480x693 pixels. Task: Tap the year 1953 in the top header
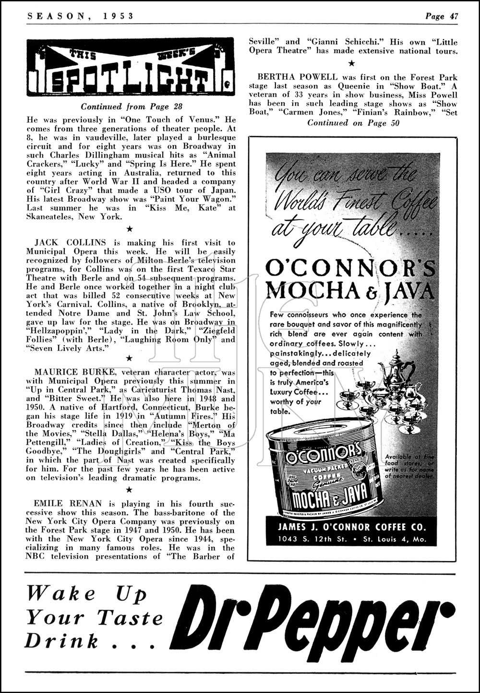118,16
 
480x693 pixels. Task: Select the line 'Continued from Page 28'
132,107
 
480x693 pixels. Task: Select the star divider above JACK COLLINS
128,228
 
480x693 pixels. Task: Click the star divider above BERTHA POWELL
351,63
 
